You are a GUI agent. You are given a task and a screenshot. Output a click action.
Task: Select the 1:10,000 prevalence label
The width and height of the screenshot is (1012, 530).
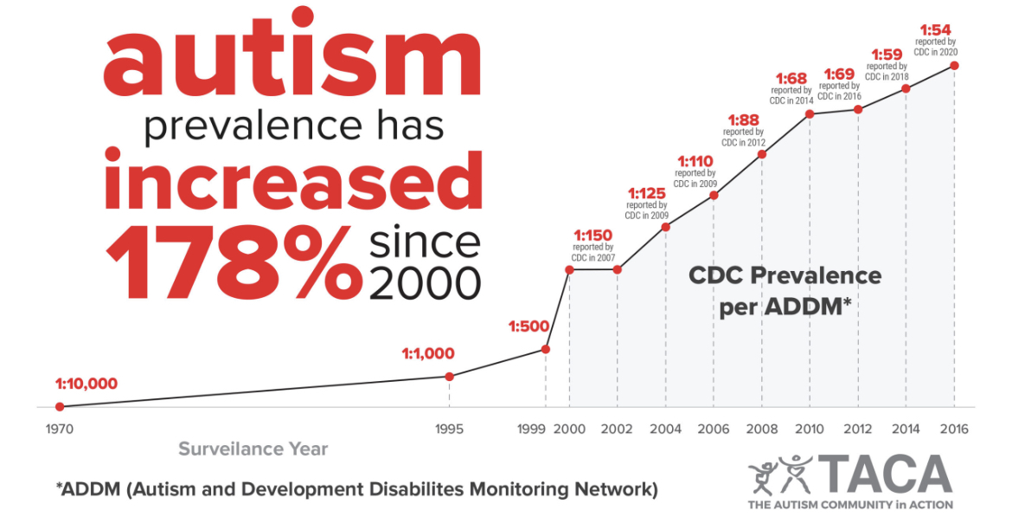(x=86, y=384)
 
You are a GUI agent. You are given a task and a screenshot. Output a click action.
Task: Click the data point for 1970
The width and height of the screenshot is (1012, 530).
(x=60, y=406)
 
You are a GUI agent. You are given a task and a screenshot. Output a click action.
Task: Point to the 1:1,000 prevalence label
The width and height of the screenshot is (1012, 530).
(x=427, y=353)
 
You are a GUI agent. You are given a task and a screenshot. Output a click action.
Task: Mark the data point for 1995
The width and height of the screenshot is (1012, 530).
(x=449, y=376)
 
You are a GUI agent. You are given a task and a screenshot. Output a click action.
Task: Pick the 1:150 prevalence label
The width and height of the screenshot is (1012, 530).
(x=593, y=235)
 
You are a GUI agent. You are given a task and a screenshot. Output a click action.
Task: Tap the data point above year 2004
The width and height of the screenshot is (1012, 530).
(x=665, y=227)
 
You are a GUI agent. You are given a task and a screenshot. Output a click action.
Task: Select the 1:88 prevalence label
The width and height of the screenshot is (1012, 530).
(x=744, y=120)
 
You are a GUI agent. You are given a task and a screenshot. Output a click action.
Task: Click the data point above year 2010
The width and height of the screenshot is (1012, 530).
(x=810, y=113)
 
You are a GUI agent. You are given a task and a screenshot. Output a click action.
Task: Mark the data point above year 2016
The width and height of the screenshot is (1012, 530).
(x=954, y=65)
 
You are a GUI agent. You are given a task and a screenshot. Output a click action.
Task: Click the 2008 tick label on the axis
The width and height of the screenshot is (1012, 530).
(x=762, y=429)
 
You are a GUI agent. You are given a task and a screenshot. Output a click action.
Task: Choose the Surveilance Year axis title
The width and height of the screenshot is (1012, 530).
(x=253, y=449)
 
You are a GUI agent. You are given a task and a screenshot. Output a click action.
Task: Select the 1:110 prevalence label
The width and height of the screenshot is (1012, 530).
(x=695, y=161)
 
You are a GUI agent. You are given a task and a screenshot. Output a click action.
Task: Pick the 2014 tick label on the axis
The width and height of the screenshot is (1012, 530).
(x=906, y=429)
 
